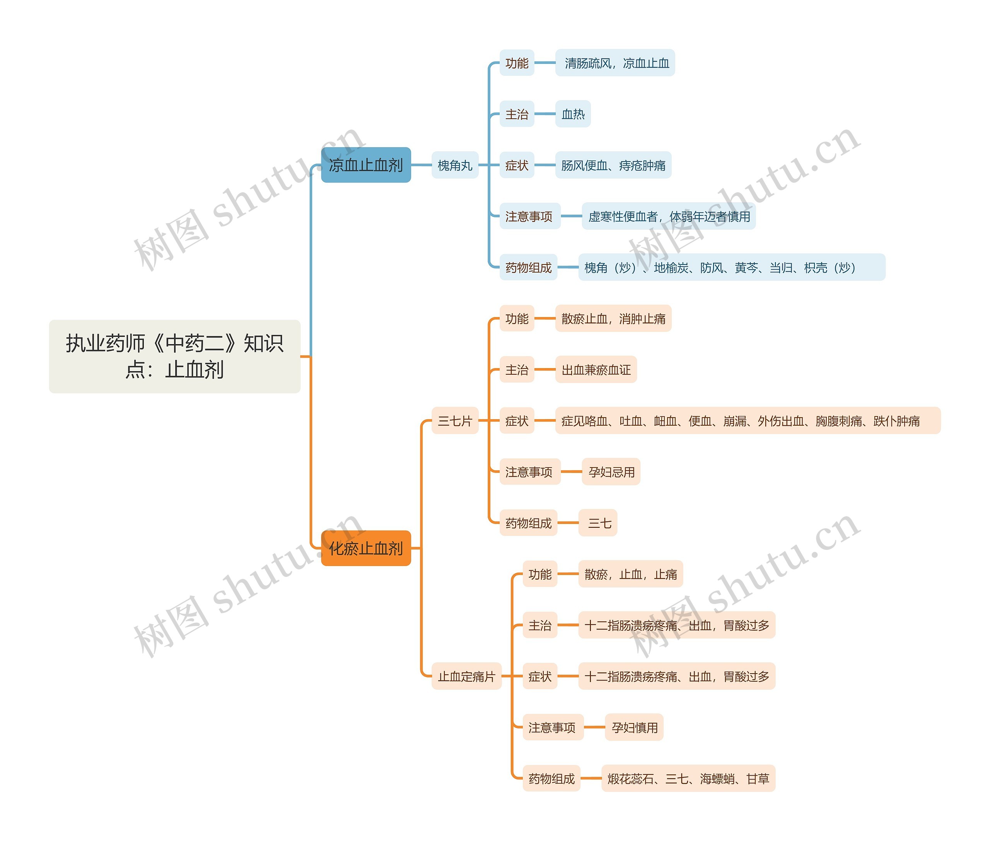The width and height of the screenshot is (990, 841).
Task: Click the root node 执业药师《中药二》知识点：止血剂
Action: [x=174, y=356]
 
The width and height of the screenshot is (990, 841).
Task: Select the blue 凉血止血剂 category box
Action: [x=366, y=165]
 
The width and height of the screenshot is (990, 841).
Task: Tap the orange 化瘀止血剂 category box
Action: [x=366, y=548]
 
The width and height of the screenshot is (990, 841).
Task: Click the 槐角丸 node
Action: [x=454, y=165]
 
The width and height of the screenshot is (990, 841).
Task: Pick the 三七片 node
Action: [x=454, y=421]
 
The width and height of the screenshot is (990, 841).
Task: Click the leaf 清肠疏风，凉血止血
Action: [x=615, y=63]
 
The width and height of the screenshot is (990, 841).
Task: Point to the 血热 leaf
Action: [x=573, y=114]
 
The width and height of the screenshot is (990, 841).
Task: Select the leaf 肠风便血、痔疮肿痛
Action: [x=613, y=165]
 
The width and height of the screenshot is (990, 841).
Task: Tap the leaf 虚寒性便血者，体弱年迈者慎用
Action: [x=669, y=217]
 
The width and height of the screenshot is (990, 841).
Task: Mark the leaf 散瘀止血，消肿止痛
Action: [x=613, y=319]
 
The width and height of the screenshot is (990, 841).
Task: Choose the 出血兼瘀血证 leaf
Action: [x=596, y=370]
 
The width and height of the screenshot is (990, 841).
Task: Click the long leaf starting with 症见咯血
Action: [x=747, y=421]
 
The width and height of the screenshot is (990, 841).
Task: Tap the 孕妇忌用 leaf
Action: [x=611, y=472]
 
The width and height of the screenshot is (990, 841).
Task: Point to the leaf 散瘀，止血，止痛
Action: [x=630, y=574]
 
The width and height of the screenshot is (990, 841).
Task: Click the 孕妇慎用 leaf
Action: [x=634, y=728]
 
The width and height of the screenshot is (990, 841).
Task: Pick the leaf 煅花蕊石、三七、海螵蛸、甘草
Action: [x=688, y=778]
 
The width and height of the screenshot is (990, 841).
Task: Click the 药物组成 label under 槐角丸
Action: [x=528, y=268]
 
